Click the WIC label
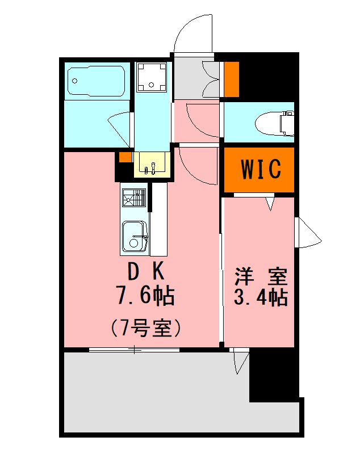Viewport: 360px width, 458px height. (259, 169)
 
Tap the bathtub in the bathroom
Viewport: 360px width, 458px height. (97, 81)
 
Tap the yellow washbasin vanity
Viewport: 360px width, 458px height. (152, 165)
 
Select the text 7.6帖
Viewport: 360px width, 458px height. (145, 296)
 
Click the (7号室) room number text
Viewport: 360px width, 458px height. (145, 327)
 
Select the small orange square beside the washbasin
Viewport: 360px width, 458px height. (125, 157)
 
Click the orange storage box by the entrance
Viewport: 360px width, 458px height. (232, 78)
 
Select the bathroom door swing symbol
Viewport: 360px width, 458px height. (121, 128)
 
